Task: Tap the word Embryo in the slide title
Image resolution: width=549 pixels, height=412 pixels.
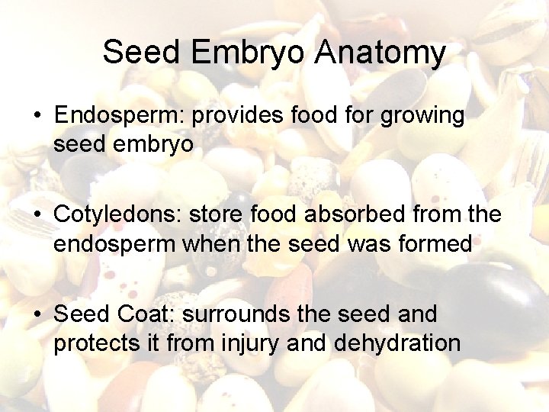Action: coord(249,53)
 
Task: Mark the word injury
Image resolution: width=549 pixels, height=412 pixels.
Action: coord(245,343)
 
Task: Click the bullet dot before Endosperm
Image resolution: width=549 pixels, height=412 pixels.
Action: coord(37,117)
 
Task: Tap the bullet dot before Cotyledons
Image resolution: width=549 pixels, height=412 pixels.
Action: coord(37,216)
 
